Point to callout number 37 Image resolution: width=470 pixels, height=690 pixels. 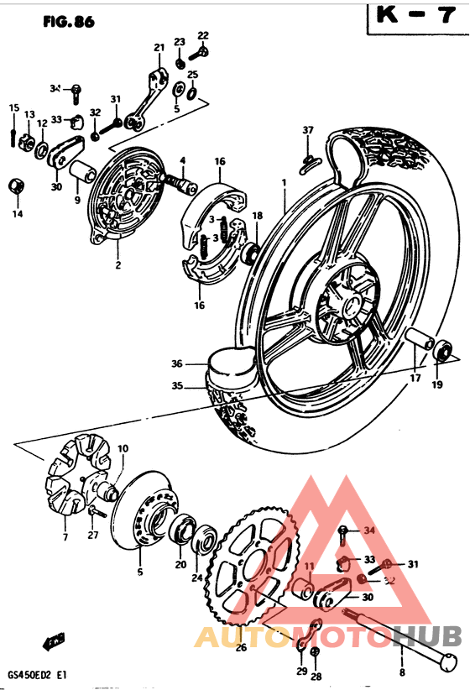pos(308,130)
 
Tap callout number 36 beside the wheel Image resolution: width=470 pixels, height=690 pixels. pos(177,363)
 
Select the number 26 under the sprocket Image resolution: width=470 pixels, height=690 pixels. pos(241,646)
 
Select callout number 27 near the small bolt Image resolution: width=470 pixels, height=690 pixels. pos(93,535)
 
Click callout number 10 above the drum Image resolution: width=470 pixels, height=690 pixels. pos(123,448)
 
